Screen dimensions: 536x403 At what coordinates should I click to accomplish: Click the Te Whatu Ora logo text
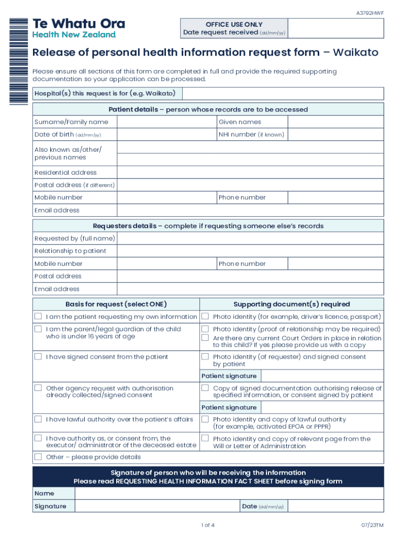(x=79, y=24)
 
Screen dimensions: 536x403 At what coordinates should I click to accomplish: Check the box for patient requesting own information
(x=38, y=317)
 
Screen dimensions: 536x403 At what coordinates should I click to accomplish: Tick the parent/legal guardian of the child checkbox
(x=38, y=329)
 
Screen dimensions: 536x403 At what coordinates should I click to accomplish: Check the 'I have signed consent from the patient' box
(x=38, y=357)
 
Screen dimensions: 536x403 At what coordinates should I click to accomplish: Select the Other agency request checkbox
(x=38, y=388)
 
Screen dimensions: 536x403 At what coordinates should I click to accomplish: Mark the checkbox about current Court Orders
(x=206, y=338)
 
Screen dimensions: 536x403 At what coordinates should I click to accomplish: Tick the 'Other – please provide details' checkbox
(x=38, y=457)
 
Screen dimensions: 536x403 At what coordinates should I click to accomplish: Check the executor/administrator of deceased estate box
(x=38, y=438)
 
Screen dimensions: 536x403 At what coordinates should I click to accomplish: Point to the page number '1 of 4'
(x=208, y=525)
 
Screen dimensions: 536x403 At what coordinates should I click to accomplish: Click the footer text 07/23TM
(x=372, y=525)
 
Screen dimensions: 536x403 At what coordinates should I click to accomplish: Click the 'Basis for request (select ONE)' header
(x=116, y=304)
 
